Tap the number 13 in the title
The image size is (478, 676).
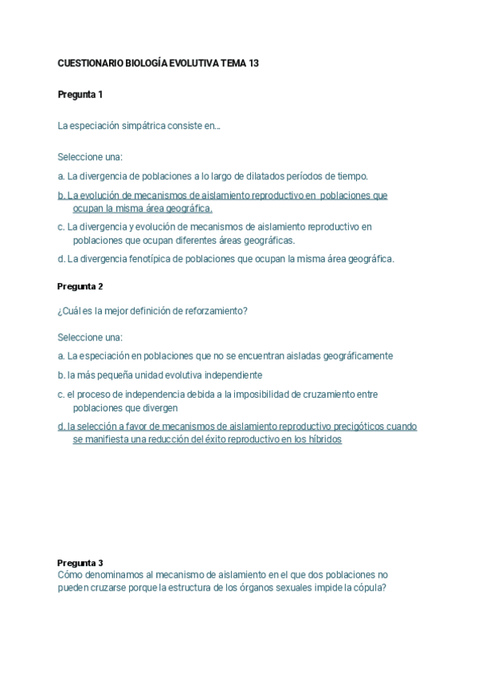tap(253, 63)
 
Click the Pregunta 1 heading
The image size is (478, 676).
tap(80, 95)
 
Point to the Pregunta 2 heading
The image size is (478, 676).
tap(80, 286)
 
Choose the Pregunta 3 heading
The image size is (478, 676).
tap(80, 563)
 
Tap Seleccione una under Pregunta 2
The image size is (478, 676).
tap(90, 337)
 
